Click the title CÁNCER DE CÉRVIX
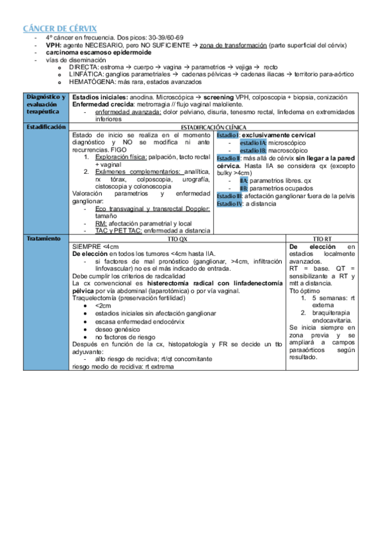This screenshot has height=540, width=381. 60,29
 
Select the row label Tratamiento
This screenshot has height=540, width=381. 43,238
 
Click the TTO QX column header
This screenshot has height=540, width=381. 177,239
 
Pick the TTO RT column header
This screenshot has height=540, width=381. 322,239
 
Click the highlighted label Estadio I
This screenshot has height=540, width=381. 228,135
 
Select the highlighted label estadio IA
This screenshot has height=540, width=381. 254,143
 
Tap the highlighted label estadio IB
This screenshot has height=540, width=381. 254,150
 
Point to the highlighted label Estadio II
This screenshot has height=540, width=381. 228,158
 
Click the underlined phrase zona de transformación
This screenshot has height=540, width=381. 232,46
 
